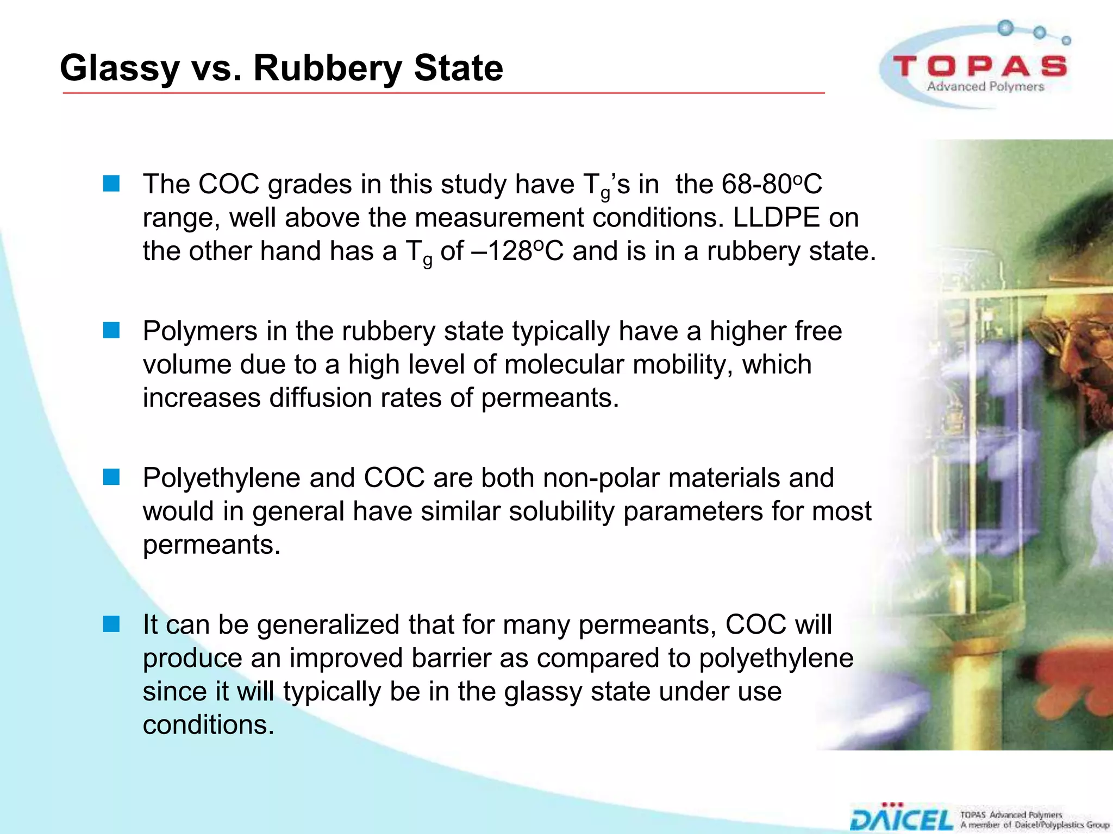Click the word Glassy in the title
120,69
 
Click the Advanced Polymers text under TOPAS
985,87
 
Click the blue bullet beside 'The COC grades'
111,184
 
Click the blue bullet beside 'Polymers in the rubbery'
111,330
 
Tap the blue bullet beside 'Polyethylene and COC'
111,477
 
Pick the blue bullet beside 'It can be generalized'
111,624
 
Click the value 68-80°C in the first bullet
772,185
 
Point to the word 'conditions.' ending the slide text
209,725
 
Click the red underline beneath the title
443,93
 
